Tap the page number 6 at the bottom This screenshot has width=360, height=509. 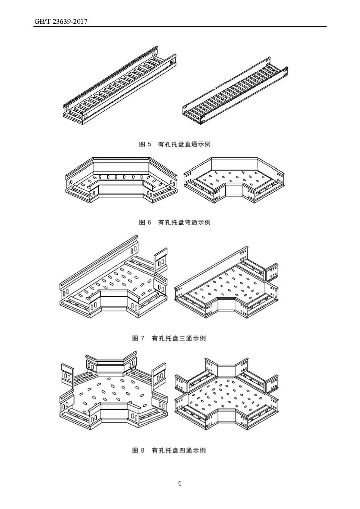pyautogui.click(x=180, y=483)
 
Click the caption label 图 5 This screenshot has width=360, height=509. pyautogui.click(x=145, y=144)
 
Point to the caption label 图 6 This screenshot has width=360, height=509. pyautogui.click(x=145, y=222)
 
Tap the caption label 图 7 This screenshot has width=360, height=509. pyautogui.click(x=138, y=338)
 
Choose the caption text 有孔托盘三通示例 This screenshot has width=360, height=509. pyautogui.click(x=179, y=338)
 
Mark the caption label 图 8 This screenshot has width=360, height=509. pyautogui.click(x=138, y=450)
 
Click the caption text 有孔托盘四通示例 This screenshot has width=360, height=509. pyautogui.click(x=179, y=450)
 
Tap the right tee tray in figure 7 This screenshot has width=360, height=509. pyautogui.click(x=227, y=285)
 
